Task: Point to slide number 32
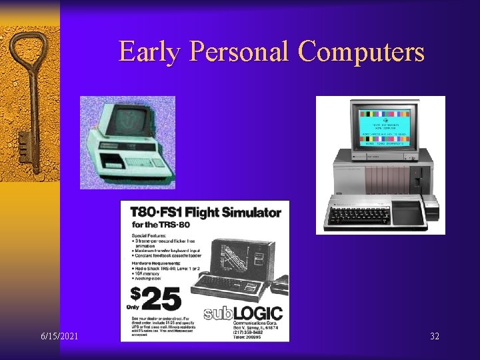coord(435,335)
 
